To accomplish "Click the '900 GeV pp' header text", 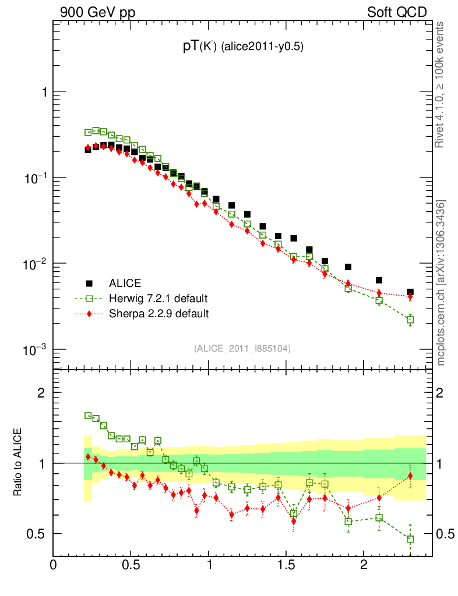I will coord(97,12).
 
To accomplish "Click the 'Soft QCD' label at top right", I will coord(397,12).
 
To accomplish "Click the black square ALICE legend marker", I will coord(89,283).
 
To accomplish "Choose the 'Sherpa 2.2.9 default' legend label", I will coord(158,314).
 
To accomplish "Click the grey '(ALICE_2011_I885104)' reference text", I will coord(242,348).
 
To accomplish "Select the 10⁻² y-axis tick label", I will coord(36,263).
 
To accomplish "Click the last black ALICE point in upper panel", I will coord(410,292).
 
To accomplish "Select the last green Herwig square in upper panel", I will coord(410,320).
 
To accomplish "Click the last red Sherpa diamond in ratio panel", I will coord(410,476).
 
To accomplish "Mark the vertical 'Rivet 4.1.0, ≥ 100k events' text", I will coord(441,85).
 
